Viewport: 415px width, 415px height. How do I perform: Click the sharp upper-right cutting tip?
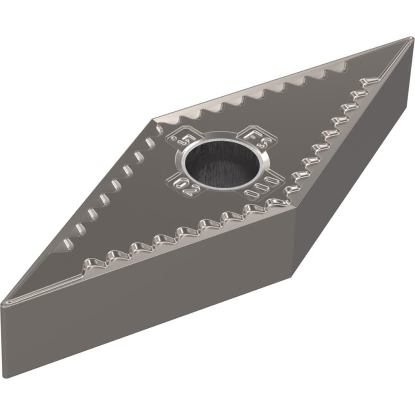pos(411,39)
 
